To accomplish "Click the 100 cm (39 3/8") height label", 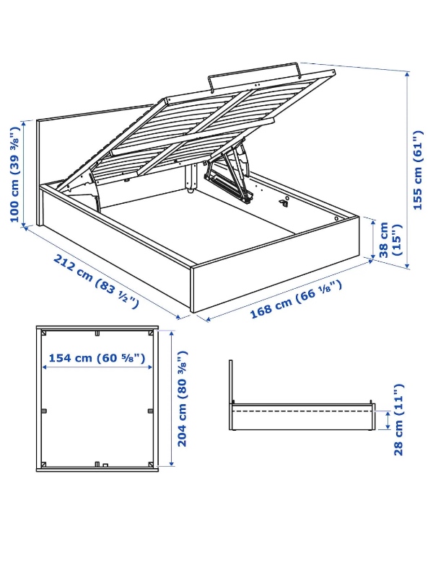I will point(14,175).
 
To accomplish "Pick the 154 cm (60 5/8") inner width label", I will point(97,358).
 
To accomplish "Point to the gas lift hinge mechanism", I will point(229,175).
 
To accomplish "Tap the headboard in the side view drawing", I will point(230,382).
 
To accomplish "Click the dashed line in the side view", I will point(303,411).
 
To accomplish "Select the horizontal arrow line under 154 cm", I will point(97,368).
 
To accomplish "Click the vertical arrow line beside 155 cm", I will point(408,169).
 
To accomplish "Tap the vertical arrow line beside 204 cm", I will point(171,398).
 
